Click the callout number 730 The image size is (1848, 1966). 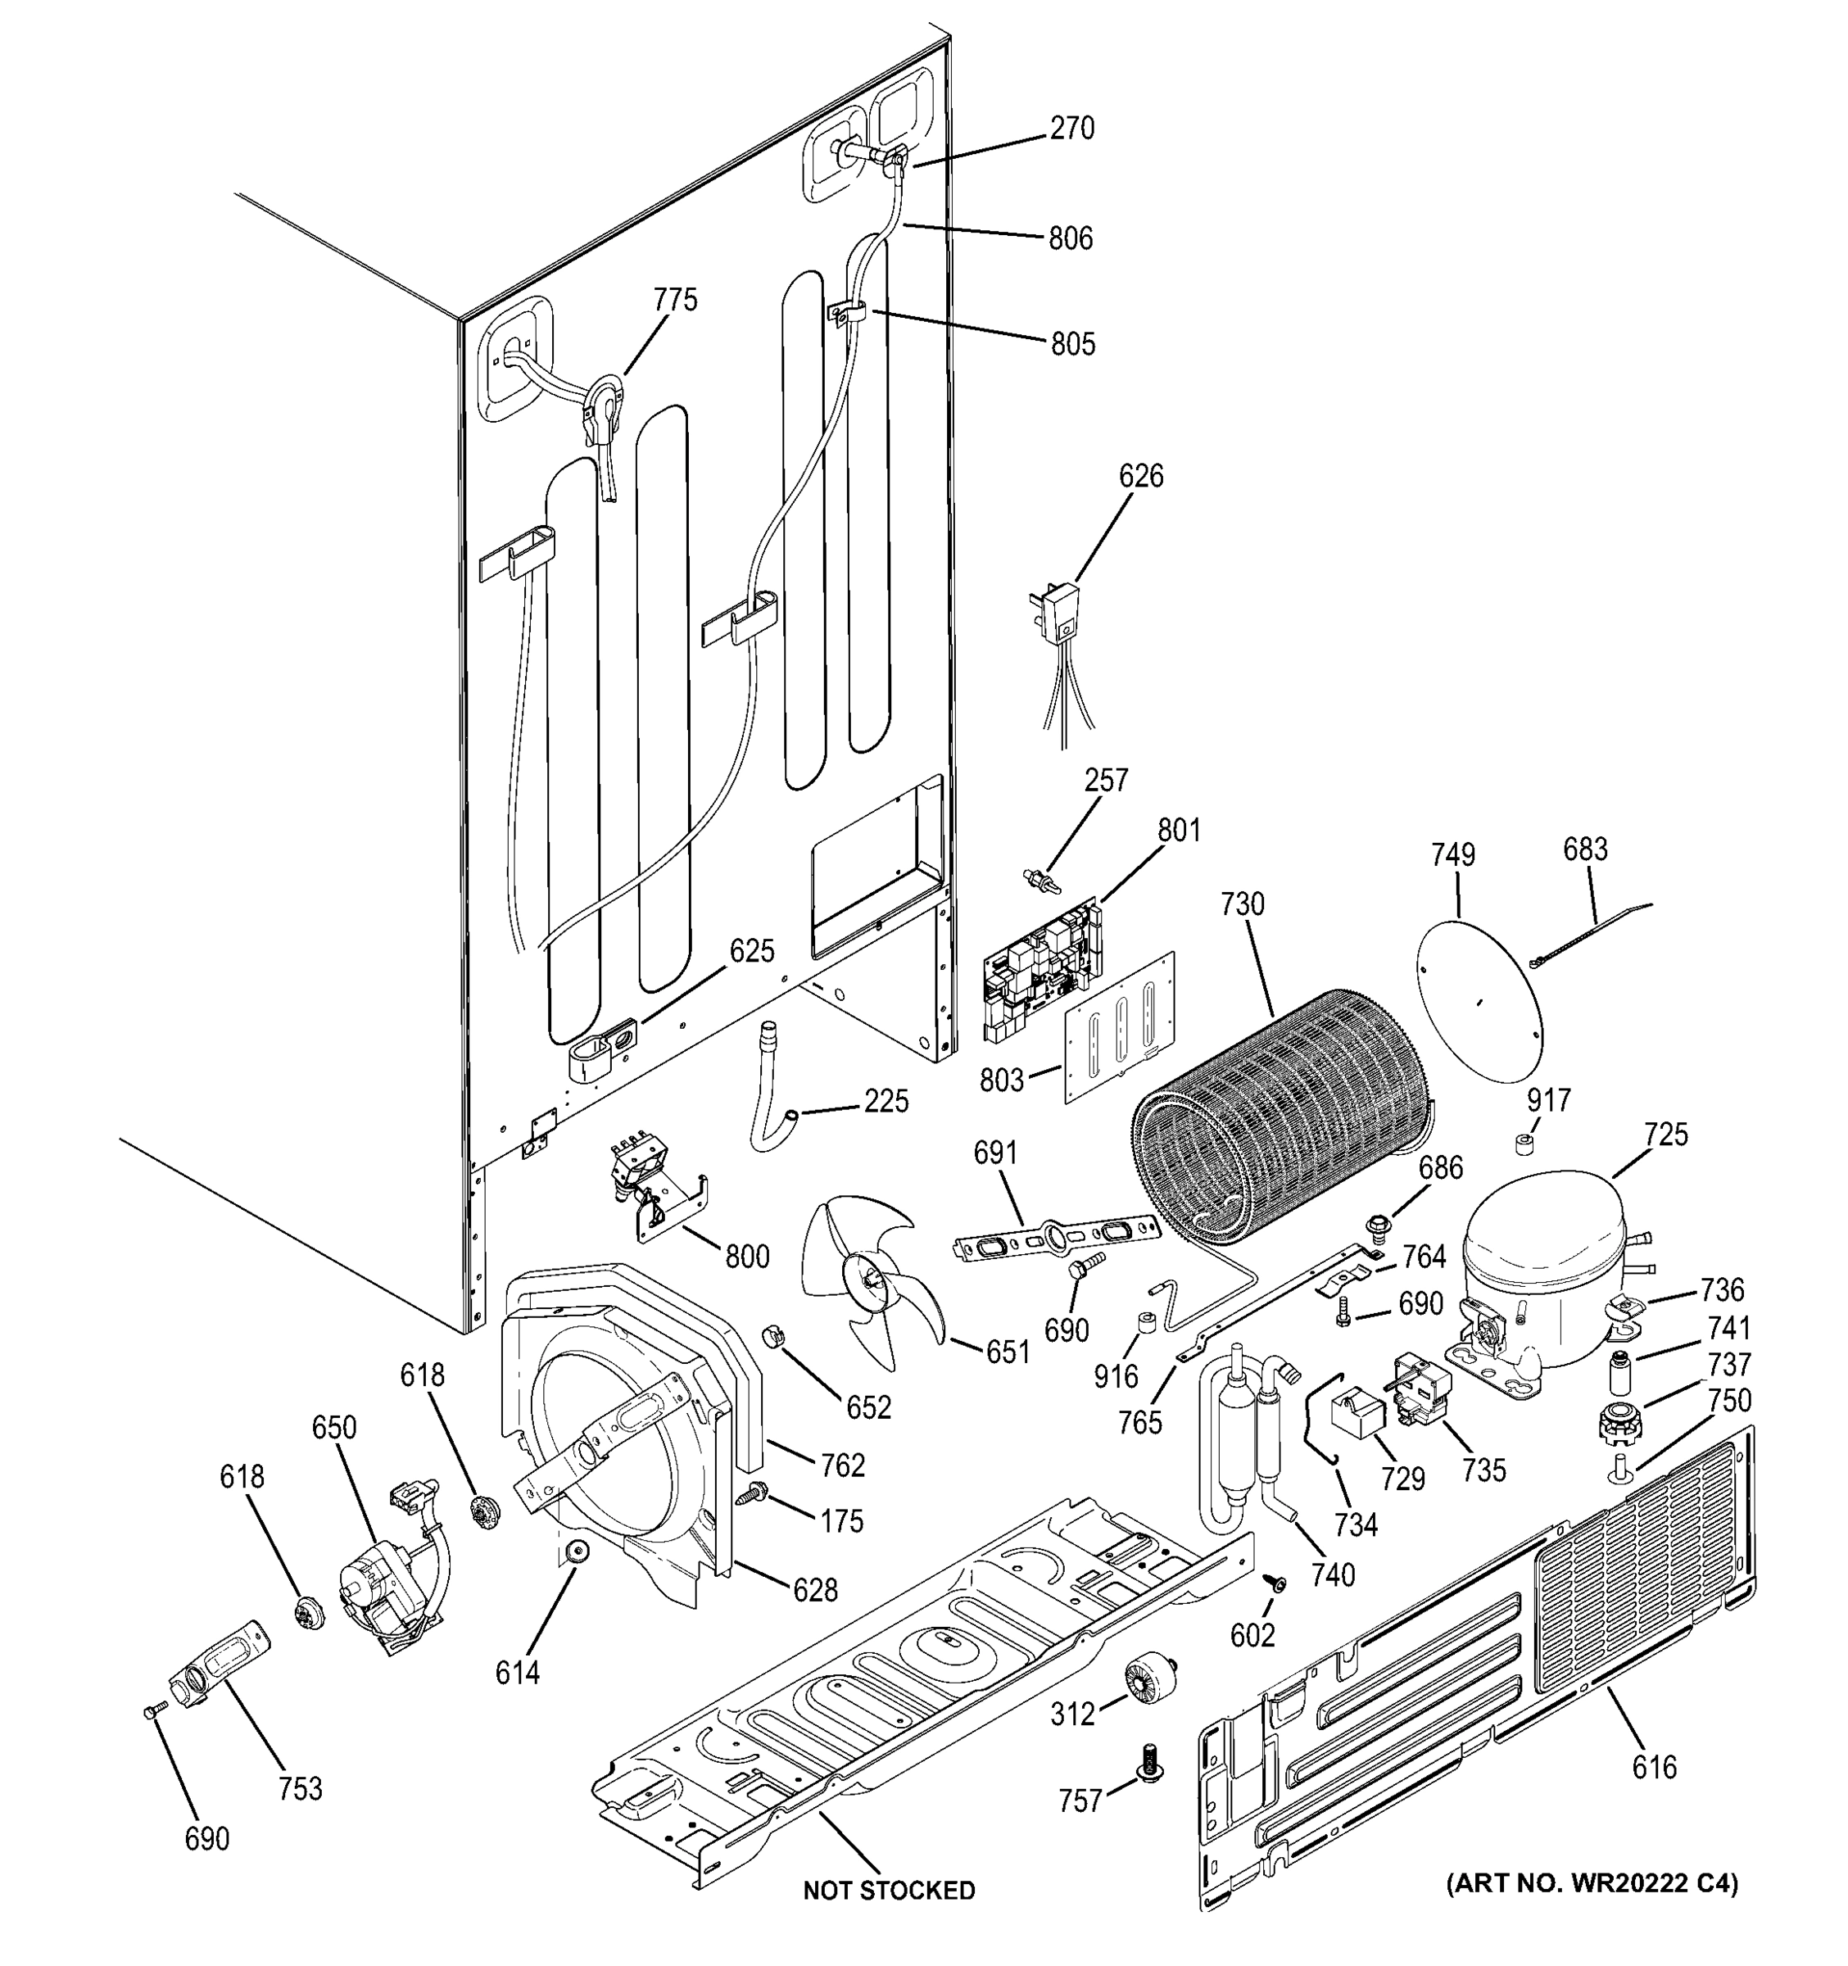1242,904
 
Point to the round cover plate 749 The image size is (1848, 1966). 1479,998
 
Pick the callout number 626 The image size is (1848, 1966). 1141,476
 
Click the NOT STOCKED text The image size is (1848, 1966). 888,1890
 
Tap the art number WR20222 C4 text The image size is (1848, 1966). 1591,1883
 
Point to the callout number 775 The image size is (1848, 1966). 675,300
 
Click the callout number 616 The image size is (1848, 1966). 1654,1766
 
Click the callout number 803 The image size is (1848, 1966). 1002,1080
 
